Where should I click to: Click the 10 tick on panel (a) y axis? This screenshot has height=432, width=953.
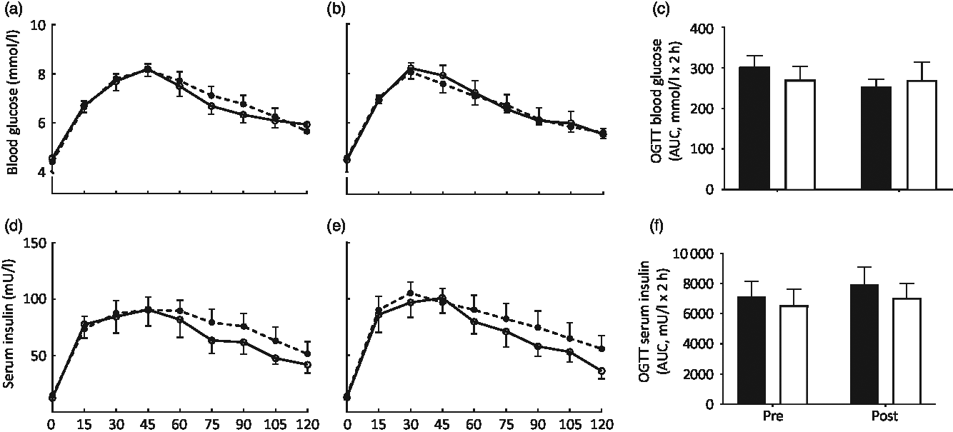[36, 26]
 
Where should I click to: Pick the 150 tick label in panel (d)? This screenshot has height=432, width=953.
[33, 243]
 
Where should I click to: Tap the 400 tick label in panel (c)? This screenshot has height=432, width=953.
[683, 28]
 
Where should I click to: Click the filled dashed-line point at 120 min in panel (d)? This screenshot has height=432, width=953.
[307, 353]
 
